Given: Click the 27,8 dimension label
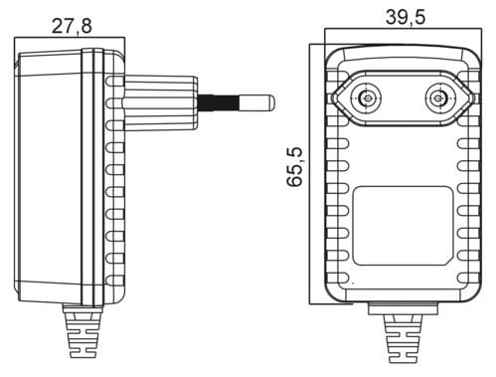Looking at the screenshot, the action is [72, 26].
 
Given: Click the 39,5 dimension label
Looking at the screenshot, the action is [405, 17].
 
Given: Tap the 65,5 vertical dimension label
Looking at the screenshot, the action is [294, 167].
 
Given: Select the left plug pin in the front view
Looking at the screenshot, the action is [366, 98].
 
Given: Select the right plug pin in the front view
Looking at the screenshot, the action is [440, 98].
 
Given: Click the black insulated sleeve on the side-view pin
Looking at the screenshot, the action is [218, 103].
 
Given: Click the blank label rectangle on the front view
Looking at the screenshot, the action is [403, 226].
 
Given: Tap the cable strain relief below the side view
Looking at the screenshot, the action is [82, 331].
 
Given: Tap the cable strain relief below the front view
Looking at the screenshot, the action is [403, 338].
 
